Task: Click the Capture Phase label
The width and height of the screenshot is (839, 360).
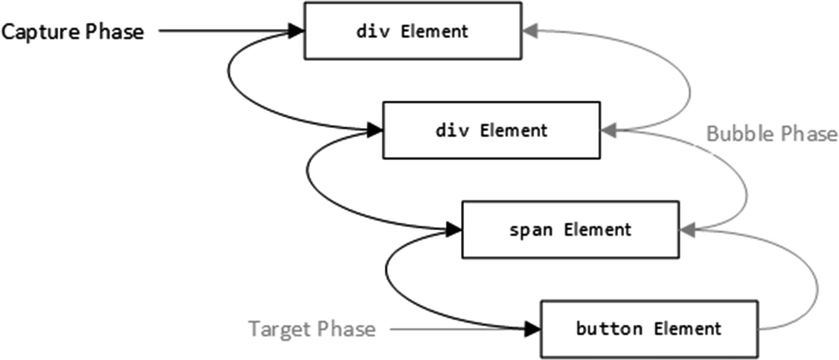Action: click(x=72, y=32)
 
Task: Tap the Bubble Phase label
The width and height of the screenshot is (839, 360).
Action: click(x=772, y=134)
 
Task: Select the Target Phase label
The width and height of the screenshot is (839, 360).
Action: click(x=312, y=329)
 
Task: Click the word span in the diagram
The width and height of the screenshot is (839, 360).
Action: click(x=530, y=230)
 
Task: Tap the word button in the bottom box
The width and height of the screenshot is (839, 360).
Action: click(x=609, y=328)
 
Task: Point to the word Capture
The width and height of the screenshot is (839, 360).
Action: click(x=40, y=32)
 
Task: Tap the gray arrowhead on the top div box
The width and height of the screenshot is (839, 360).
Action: click(x=530, y=31)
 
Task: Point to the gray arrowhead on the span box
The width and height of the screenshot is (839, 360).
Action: click(x=687, y=229)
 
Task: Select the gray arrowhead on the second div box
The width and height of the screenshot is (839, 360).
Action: click(x=608, y=130)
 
